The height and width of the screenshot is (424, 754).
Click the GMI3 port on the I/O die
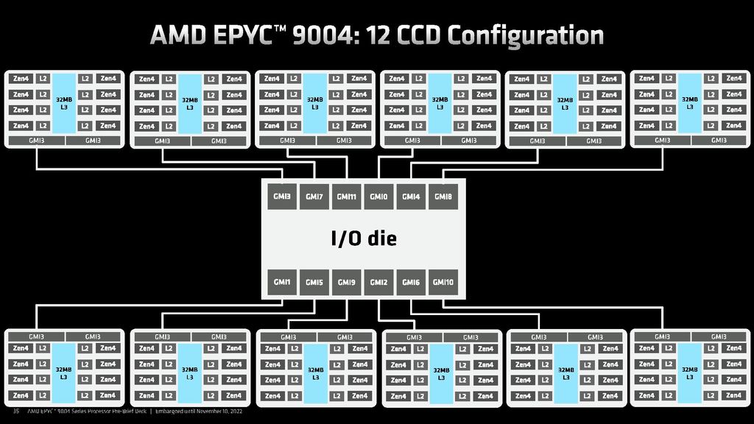281,197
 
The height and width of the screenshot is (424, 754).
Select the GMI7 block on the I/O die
314,197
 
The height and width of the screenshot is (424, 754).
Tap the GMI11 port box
347,197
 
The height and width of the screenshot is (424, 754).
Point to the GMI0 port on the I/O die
378,197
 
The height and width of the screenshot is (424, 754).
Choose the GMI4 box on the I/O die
411,197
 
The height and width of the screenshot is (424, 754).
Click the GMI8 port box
443,197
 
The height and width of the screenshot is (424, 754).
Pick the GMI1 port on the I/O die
281,282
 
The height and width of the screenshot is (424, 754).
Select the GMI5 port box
314,282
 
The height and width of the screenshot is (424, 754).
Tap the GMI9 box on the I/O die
347,282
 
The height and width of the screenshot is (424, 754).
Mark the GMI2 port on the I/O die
378,282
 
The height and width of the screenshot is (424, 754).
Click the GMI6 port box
411,282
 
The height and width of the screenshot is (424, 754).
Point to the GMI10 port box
443,282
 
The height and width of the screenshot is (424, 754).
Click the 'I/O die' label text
363,239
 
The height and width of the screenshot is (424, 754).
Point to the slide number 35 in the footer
16,411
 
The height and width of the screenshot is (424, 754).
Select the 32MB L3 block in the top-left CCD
64,102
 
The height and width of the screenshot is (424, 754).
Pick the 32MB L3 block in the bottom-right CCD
689,372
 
